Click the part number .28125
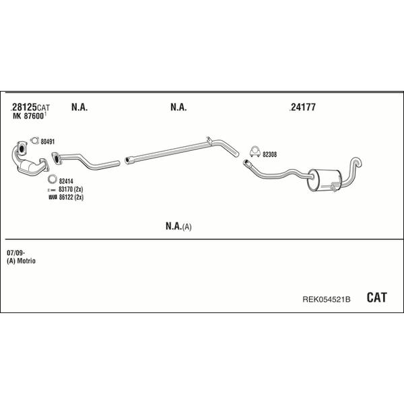click(24, 107)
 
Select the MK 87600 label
click(28, 116)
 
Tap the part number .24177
click(302, 107)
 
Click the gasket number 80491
click(48, 141)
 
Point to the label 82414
click(66, 181)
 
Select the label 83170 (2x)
click(71, 189)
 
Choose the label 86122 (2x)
click(71, 197)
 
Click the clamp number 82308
click(270, 155)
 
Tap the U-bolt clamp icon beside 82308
click(255, 151)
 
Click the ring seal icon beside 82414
click(52, 179)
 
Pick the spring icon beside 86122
click(53, 197)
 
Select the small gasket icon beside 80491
click(34, 141)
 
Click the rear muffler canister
click(324, 180)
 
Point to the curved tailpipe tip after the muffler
click(357, 162)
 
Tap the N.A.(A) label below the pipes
click(178, 226)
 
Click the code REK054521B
click(326, 299)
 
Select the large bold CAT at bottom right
click(376, 298)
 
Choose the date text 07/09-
click(15, 253)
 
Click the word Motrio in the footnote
click(26, 261)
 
